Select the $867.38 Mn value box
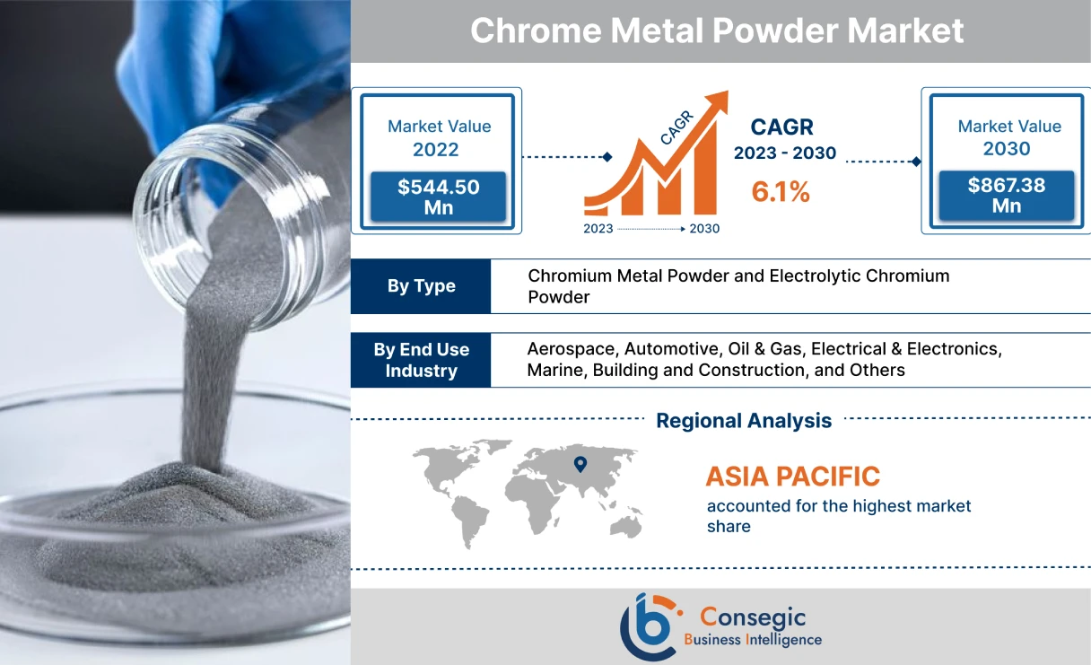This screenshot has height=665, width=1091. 1006,196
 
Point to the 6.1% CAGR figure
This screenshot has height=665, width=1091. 780,191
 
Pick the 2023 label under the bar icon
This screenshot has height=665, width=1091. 598,229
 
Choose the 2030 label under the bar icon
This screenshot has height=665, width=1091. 704,229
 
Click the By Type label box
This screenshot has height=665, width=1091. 421,286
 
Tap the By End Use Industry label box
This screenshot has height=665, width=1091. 421,360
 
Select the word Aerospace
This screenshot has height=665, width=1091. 571,348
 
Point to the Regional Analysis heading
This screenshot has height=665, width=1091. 744,420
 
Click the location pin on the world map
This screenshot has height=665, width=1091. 580,464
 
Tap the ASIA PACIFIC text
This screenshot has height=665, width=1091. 792,476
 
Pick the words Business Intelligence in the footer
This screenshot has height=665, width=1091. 752,640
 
